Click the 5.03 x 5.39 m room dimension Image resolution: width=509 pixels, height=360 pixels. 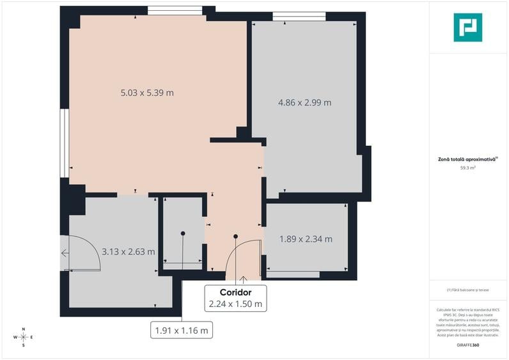click(147, 93)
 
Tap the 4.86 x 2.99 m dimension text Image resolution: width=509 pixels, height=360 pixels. click(304, 102)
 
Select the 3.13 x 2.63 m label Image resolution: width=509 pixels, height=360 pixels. click(128, 251)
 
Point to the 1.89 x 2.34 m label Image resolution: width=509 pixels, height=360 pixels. click(306, 239)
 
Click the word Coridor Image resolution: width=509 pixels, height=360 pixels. click(236, 292)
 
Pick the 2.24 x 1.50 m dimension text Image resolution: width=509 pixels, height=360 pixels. click(236, 304)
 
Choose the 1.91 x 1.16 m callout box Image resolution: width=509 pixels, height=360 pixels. click(182, 331)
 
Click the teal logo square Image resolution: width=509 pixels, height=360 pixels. click(467, 27)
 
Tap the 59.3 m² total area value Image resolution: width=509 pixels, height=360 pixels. click(467, 168)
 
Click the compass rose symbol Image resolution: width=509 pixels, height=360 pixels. click(23, 336)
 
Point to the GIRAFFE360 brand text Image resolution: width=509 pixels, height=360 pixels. click(467, 345)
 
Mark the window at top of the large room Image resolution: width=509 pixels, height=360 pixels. click(175, 10)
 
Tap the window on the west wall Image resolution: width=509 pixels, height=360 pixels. click(64, 142)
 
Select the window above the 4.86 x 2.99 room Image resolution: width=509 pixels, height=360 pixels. click(299, 16)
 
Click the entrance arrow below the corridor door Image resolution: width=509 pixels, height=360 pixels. click(243, 280)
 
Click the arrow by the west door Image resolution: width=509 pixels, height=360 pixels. click(65, 253)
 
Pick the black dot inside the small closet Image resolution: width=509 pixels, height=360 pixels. click(183, 233)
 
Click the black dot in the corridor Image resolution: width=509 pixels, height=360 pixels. click(236, 237)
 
